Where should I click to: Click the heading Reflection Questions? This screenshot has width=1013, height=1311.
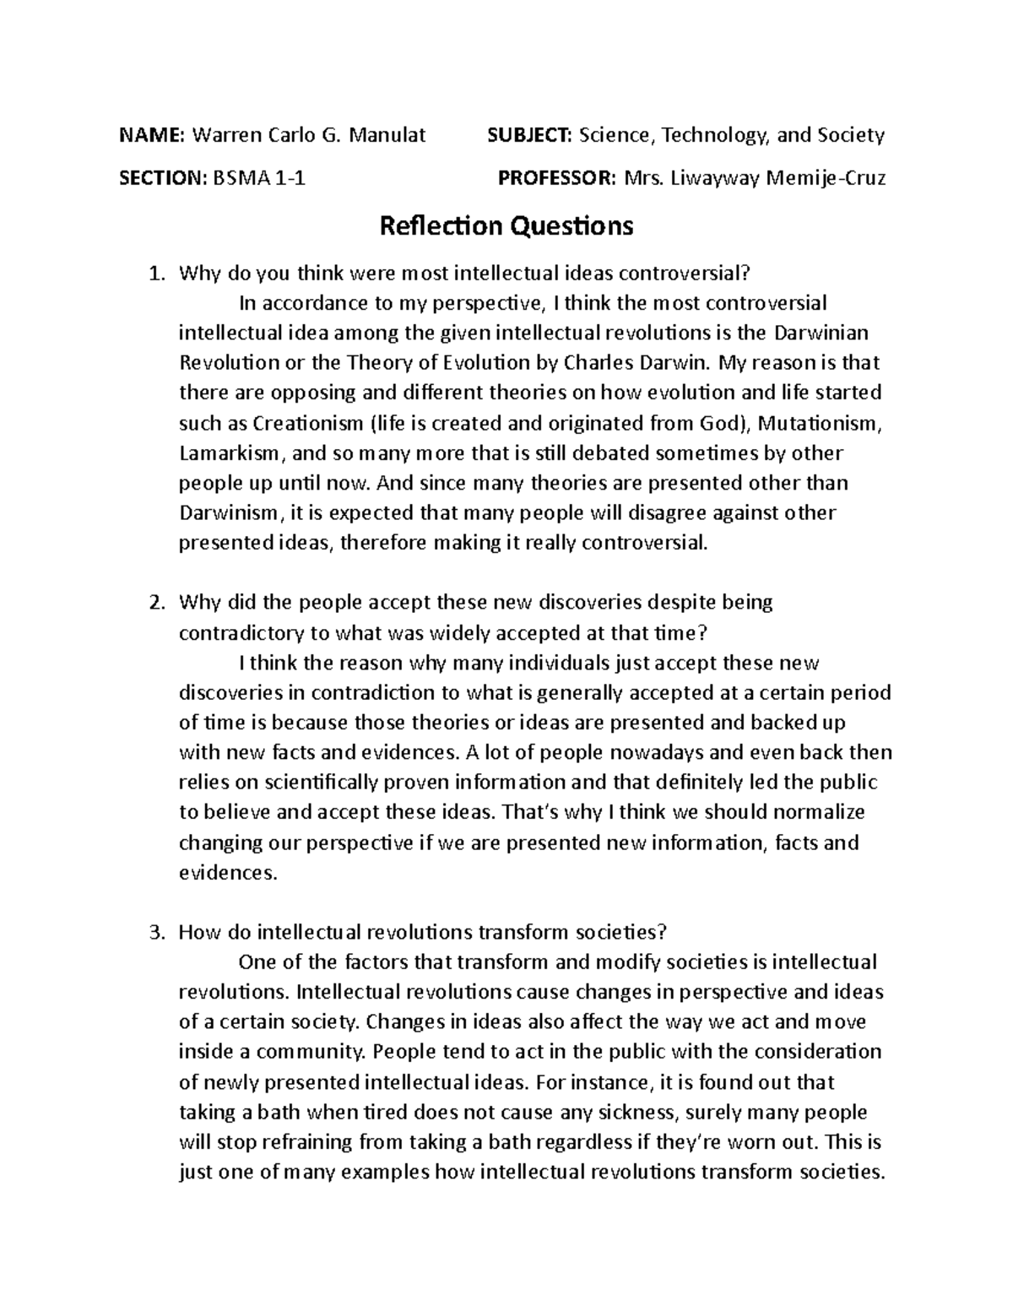tap(506, 226)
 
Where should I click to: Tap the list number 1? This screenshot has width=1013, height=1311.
tap(153, 274)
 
